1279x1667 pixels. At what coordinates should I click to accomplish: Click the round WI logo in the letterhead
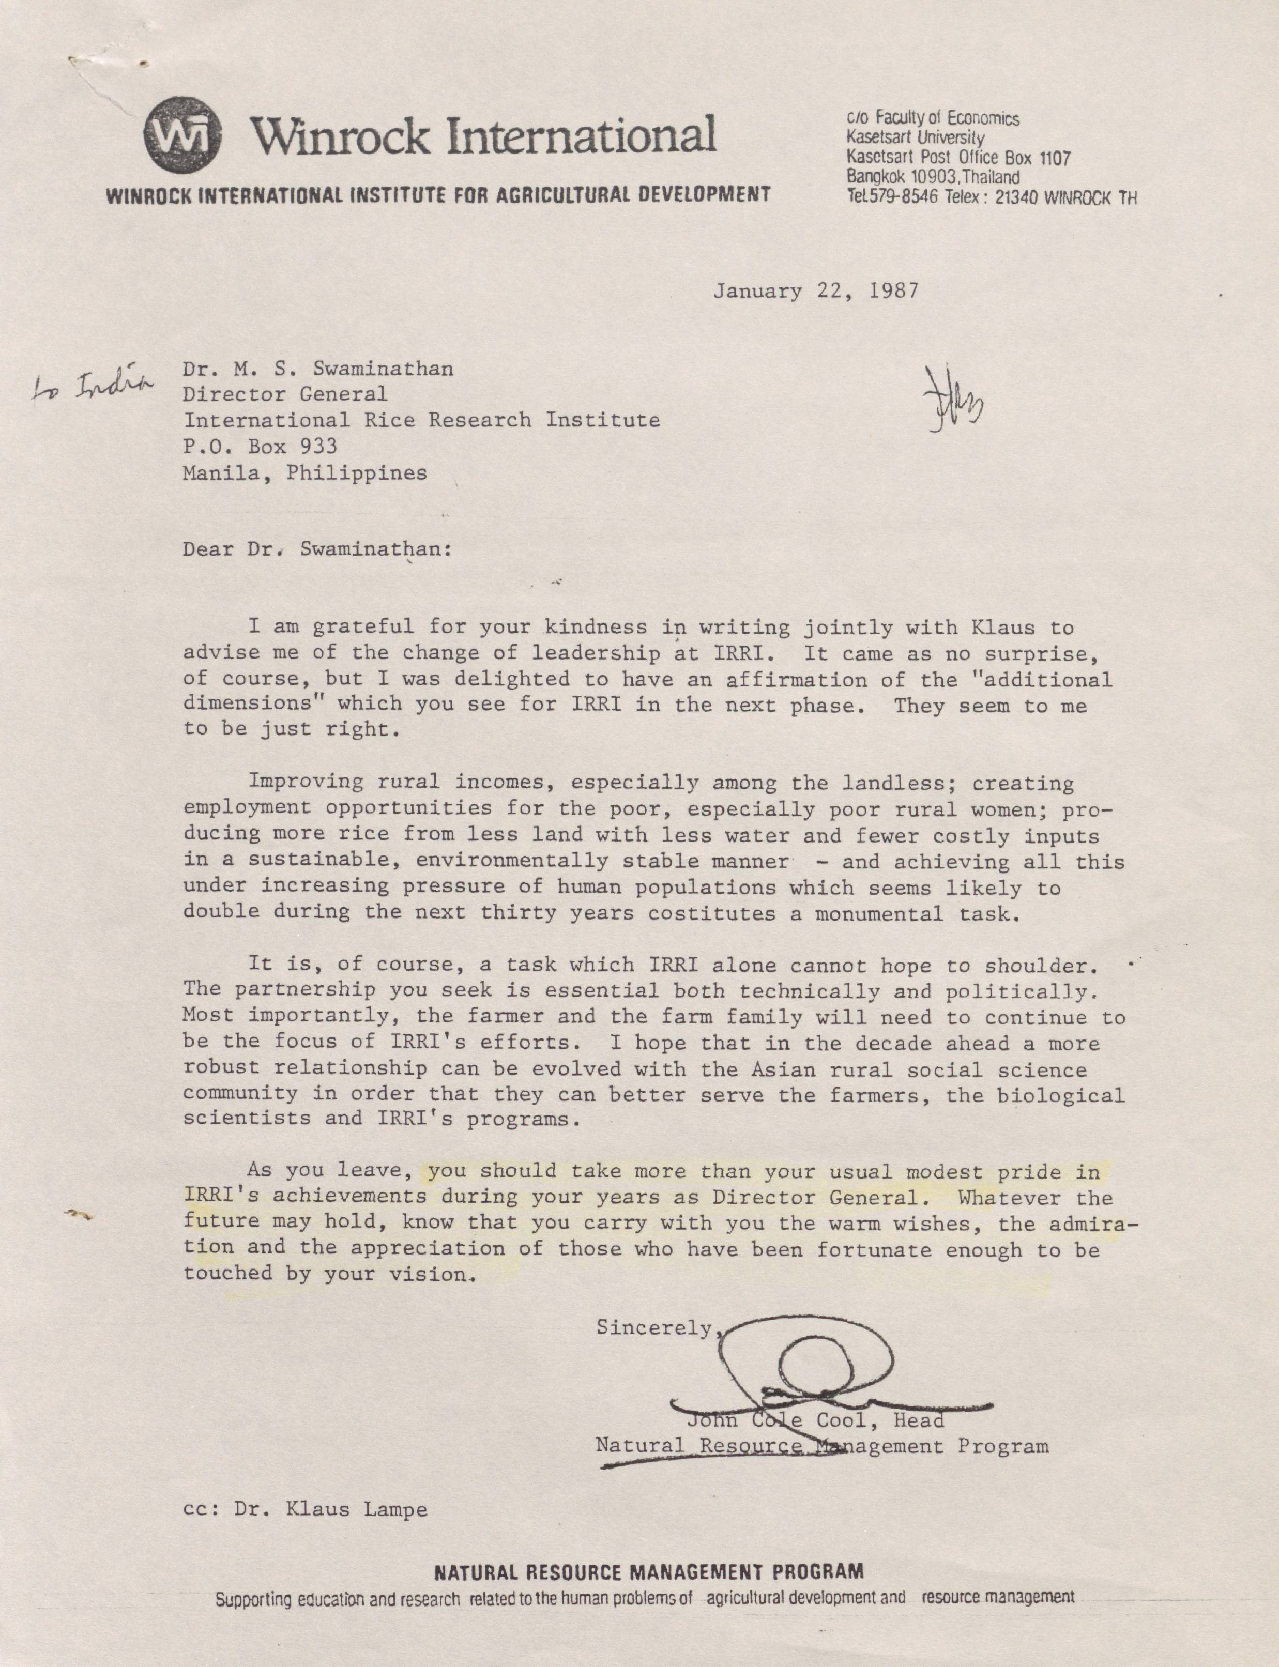point(182,135)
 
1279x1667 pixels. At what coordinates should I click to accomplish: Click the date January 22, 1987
point(815,291)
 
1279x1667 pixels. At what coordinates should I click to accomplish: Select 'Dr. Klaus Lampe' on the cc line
point(330,1509)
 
